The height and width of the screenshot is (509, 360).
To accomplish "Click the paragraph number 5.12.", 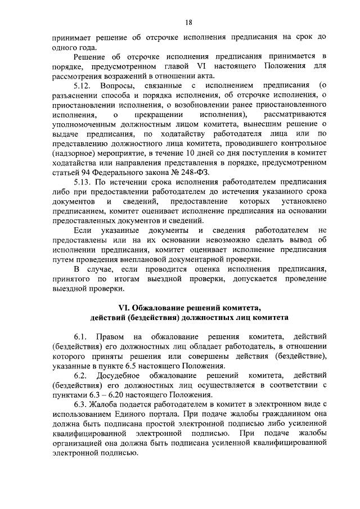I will tap(84, 85).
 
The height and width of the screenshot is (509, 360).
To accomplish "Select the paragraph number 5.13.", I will tap(84, 182).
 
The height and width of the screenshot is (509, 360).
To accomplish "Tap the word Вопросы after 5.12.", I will tap(118, 85).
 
